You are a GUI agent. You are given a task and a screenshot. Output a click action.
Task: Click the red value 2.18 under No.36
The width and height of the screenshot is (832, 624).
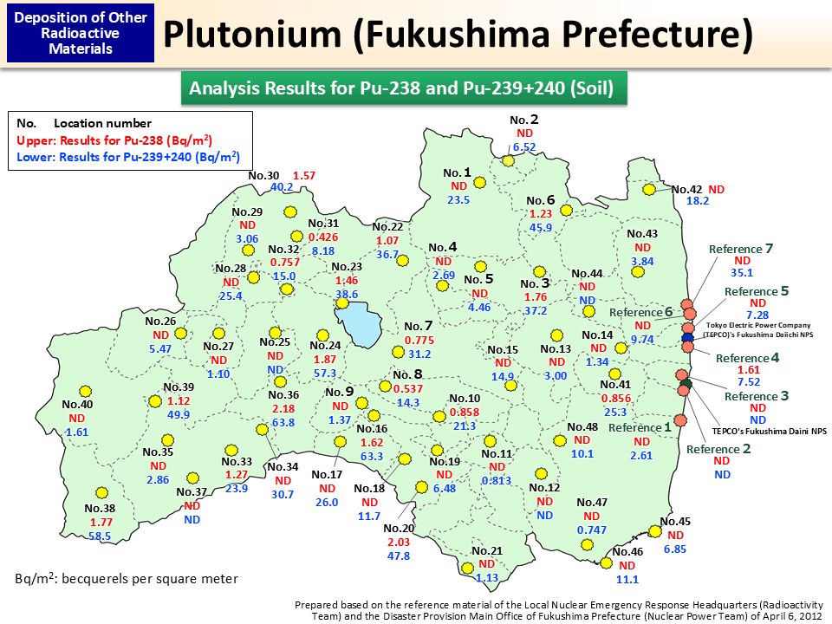(x=283, y=408)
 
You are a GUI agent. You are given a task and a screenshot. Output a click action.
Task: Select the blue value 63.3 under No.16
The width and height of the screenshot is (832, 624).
(x=372, y=456)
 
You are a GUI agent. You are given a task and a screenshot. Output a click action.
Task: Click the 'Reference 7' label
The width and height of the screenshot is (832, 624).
(x=741, y=249)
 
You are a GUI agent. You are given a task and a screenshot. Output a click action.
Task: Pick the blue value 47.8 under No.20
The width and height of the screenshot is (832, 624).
(x=398, y=556)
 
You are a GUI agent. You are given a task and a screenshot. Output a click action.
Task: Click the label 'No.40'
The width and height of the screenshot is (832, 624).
(x=77, y=404)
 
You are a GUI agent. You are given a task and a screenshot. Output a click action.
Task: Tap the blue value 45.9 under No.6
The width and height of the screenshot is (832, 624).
(x=542, y=228)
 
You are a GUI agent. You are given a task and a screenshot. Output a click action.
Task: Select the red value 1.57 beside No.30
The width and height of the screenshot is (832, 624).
(x=304, y=175)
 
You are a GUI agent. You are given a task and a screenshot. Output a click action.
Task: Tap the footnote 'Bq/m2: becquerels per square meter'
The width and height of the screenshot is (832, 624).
(x=127, y=578)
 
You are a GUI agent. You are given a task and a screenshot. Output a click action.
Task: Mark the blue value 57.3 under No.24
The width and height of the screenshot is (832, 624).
(x=325, y=373)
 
